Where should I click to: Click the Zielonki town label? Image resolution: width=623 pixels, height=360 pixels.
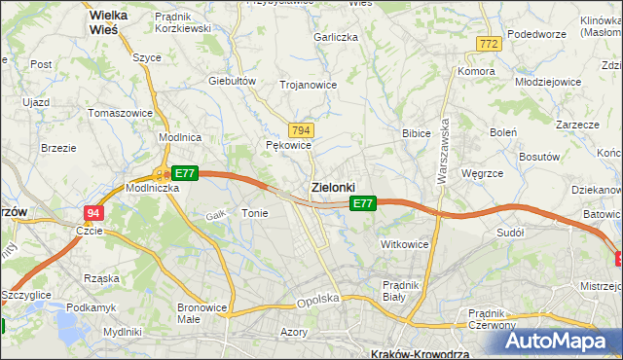tap(333, 186)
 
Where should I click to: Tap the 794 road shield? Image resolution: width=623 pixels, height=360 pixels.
tap(301, 130)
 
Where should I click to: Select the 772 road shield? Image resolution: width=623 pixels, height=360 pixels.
tap(489, 44)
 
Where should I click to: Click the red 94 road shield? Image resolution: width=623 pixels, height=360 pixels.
tap(92, 213)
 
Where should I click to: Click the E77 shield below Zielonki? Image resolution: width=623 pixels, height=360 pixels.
tap(362, 203)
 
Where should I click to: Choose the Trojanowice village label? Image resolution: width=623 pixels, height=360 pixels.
tap(308, 85)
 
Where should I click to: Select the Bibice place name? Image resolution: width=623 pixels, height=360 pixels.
tap(417, 132)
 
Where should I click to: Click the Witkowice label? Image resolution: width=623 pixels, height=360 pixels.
tap(405, 244)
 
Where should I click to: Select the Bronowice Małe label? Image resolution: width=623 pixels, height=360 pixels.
tap(202, 313)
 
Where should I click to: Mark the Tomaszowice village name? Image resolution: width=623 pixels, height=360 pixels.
tap(120, 113)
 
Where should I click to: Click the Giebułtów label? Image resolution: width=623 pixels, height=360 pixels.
tap(232, 81)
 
